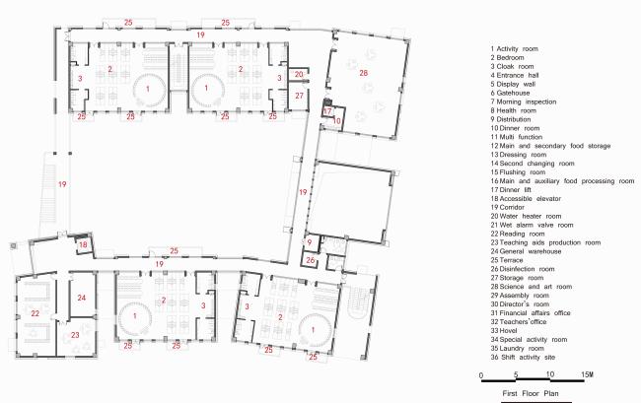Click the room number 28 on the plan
coord(363,73)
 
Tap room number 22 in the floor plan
coord(34,313)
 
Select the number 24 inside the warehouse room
coord(82,297)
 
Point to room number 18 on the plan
coord(84,243)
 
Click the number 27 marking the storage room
coord(300,96)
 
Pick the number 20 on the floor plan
coord(300,74)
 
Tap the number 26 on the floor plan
coord(310,260)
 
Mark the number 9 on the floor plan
coord(309,241)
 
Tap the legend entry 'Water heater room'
coord(538,216)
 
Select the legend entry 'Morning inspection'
coord(529,101)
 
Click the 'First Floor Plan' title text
coord(531,392)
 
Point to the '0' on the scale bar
coord(481,374)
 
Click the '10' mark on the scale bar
coord(550,374)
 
